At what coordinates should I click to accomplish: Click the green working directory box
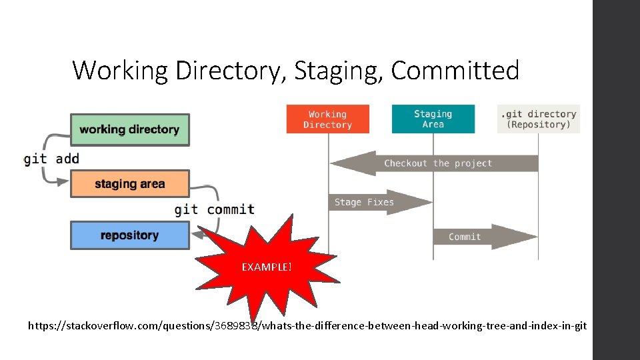(x=129, y=129)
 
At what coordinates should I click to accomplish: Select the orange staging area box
(x=129, y=183)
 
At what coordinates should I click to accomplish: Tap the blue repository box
(x=129, y=235)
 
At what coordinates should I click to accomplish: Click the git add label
(x=51, y=159)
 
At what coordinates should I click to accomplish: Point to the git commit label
(x=214, y=209)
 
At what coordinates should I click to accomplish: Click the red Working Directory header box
(x=327, y=119)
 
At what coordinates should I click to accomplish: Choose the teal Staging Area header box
(x=433, y=119)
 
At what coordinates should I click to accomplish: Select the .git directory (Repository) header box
(x=538, y=119)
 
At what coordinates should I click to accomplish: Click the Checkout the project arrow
(x=437, y=163)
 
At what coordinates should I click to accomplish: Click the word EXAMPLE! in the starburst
(x=267, y=267)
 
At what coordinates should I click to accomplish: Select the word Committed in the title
(x=455, y=70)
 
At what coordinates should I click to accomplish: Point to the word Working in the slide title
(x=120, y=71)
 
